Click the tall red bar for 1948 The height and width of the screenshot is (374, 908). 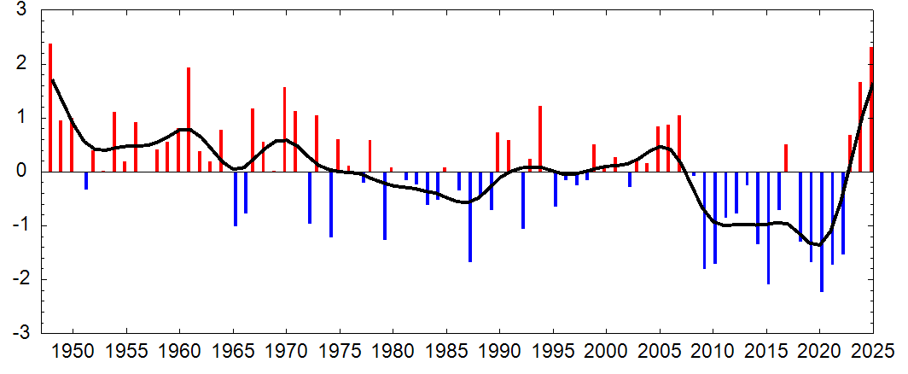click(50, 108)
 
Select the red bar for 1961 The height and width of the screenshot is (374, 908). click(189, 120)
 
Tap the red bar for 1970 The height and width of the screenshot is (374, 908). click(285, 130)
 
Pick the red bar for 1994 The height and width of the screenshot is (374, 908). click(540, 139)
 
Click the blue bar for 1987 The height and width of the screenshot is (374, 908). click(470, 217)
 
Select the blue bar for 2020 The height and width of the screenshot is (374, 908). click(822, 232)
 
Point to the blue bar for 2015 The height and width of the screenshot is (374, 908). click(768, 228)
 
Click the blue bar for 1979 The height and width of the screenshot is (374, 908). click(385, 206)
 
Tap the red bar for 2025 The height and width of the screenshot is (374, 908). click(871, 109)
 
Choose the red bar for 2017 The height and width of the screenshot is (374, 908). click(786, 158)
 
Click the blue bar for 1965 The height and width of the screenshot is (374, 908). click(236, 199)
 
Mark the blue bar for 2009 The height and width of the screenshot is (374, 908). click(704, 220)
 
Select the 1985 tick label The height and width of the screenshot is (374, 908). click(446, 352)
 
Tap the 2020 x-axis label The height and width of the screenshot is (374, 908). click(819, 352)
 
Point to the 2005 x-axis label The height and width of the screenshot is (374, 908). click(660, 352)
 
